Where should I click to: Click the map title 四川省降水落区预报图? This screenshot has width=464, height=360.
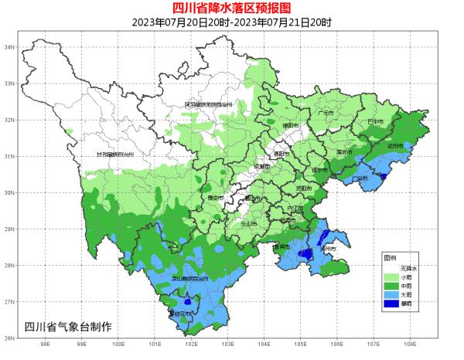(232, 8)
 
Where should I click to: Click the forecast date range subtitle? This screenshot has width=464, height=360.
(232, 22)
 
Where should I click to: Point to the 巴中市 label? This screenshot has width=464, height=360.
(375, 122)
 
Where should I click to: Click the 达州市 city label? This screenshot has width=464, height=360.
(395, 145)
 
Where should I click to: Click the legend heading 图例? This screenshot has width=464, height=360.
(390, 257)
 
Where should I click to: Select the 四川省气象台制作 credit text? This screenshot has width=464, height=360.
(69, 327)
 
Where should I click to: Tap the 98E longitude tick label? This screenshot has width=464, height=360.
(45, 345)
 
